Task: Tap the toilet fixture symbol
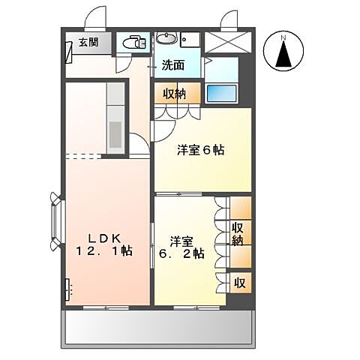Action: pyautogui.click(x=133, y=42)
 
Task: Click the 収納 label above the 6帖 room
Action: pyautogui.click(x=175, y=93)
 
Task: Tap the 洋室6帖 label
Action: pyautogui.click(x=200, y=150)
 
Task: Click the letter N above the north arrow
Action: pyautogui.click(x=283, y=37)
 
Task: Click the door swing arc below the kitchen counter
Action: pyautogui.click(x=139, y=146)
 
